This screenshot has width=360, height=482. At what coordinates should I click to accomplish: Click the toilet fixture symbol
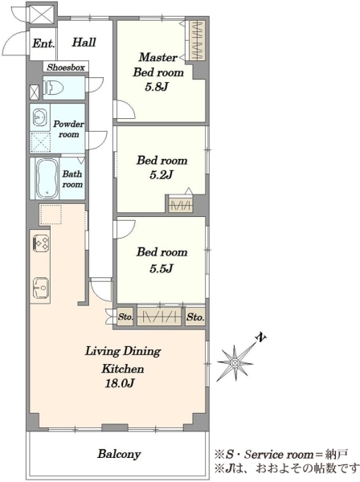click(53, 88)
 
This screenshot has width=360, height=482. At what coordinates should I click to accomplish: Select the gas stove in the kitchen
click(40, 243)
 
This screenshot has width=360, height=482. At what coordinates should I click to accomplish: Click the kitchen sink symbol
click(41, 288)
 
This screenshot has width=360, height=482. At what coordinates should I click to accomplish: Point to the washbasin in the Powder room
click(39, 117)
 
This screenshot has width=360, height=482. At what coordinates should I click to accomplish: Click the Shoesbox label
click(66, 67)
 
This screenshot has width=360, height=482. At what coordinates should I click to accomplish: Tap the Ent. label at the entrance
click(43, 43)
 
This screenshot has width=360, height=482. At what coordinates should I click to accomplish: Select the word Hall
click(84, 42)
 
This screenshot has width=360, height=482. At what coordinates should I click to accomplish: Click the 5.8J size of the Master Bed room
click(157, 87)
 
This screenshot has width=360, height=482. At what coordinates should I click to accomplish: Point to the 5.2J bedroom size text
click(162, 175)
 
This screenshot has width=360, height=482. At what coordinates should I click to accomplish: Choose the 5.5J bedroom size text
click(162, 268)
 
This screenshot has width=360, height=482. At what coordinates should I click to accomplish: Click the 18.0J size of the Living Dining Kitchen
click(120, 383)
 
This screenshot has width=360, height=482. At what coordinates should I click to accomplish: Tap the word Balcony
click(119, 454)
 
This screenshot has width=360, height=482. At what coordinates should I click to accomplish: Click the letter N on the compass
click(261, 337)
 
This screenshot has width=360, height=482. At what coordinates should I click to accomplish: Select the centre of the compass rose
click(235, 363)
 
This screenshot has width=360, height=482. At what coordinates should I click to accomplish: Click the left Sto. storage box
click(125, 317)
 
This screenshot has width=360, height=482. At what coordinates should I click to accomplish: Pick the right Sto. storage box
click(195, 317)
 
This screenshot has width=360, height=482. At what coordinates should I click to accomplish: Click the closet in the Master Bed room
click(197, 40)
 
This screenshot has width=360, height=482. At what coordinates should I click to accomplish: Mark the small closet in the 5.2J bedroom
click(181, 205)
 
